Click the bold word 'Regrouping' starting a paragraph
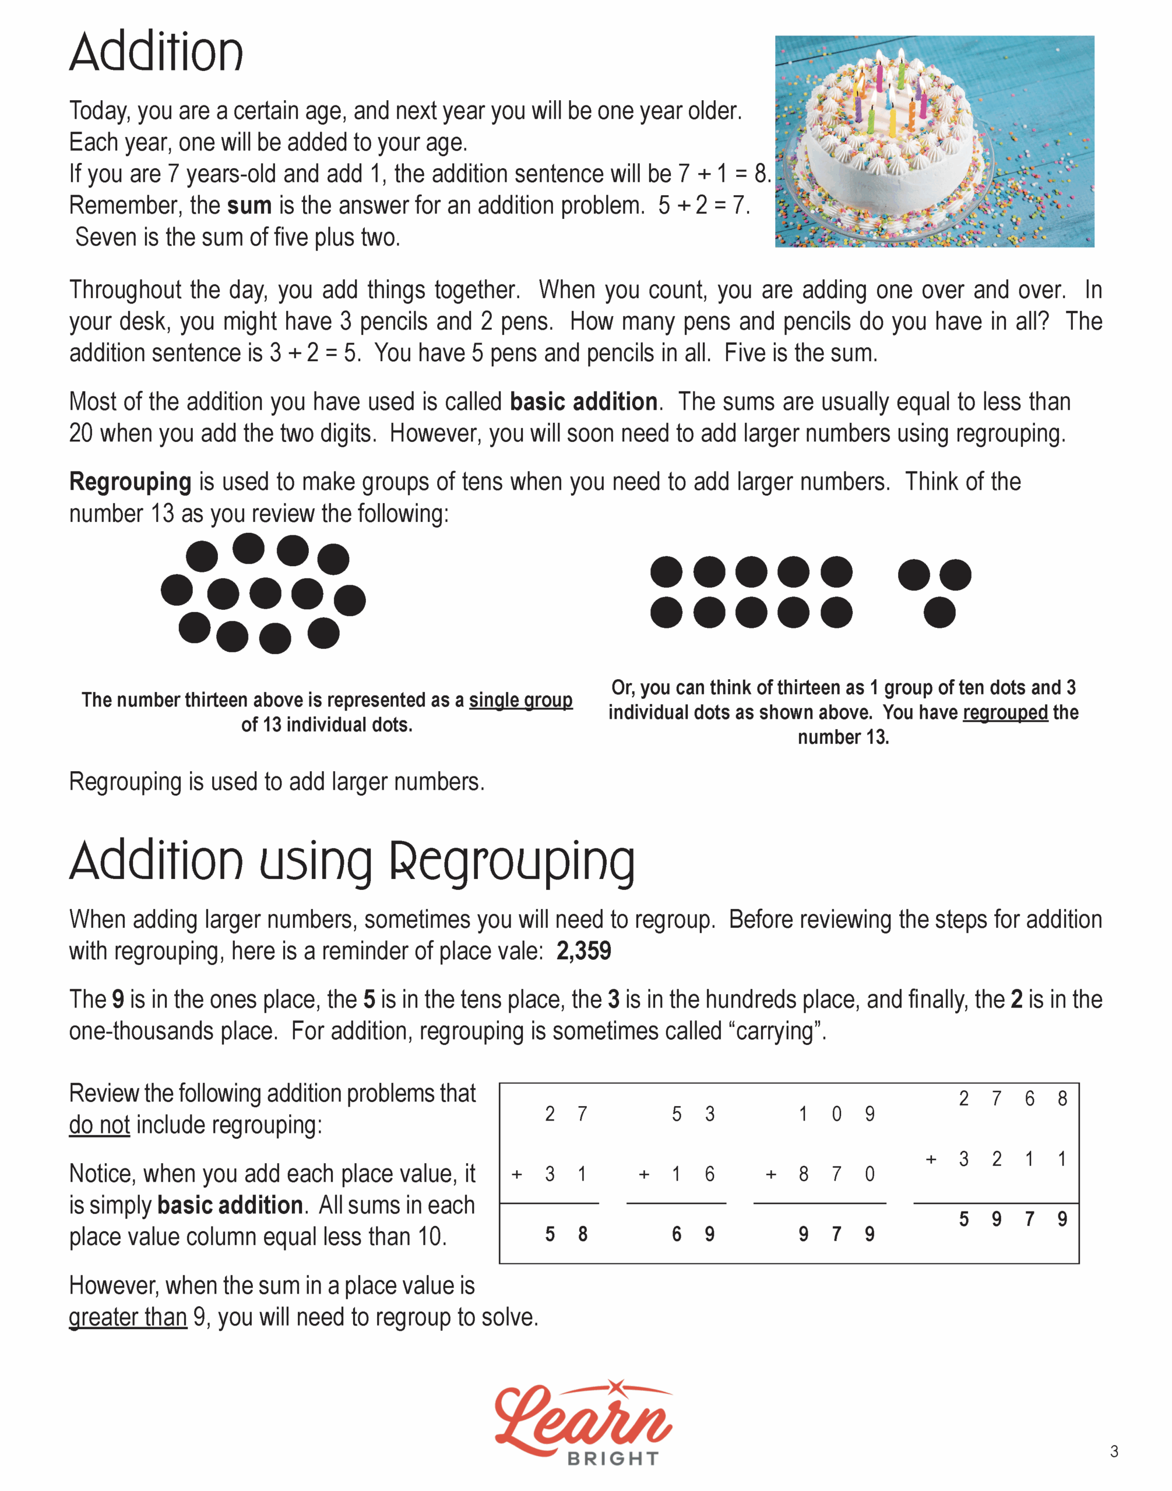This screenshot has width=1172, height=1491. [x=131, y=482]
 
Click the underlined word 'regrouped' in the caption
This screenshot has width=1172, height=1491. [x=1005, y=712]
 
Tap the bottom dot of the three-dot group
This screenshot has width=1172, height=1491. [x=939, y=613]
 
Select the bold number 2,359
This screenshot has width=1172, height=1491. [x=583, y=951]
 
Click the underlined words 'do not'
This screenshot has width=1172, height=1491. [x=100, y=1125]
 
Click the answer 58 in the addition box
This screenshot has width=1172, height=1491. [x=566, y=1235]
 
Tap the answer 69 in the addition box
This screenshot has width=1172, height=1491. [x=693, y=1235]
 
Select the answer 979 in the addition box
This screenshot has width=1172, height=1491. [x=836, y=1235]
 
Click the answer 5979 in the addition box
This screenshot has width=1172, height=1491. [x=1013, y=1220]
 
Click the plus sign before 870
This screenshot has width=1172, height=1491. [x=771, y=1175]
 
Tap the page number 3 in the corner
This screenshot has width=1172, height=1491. [x=1114, y=1451]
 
